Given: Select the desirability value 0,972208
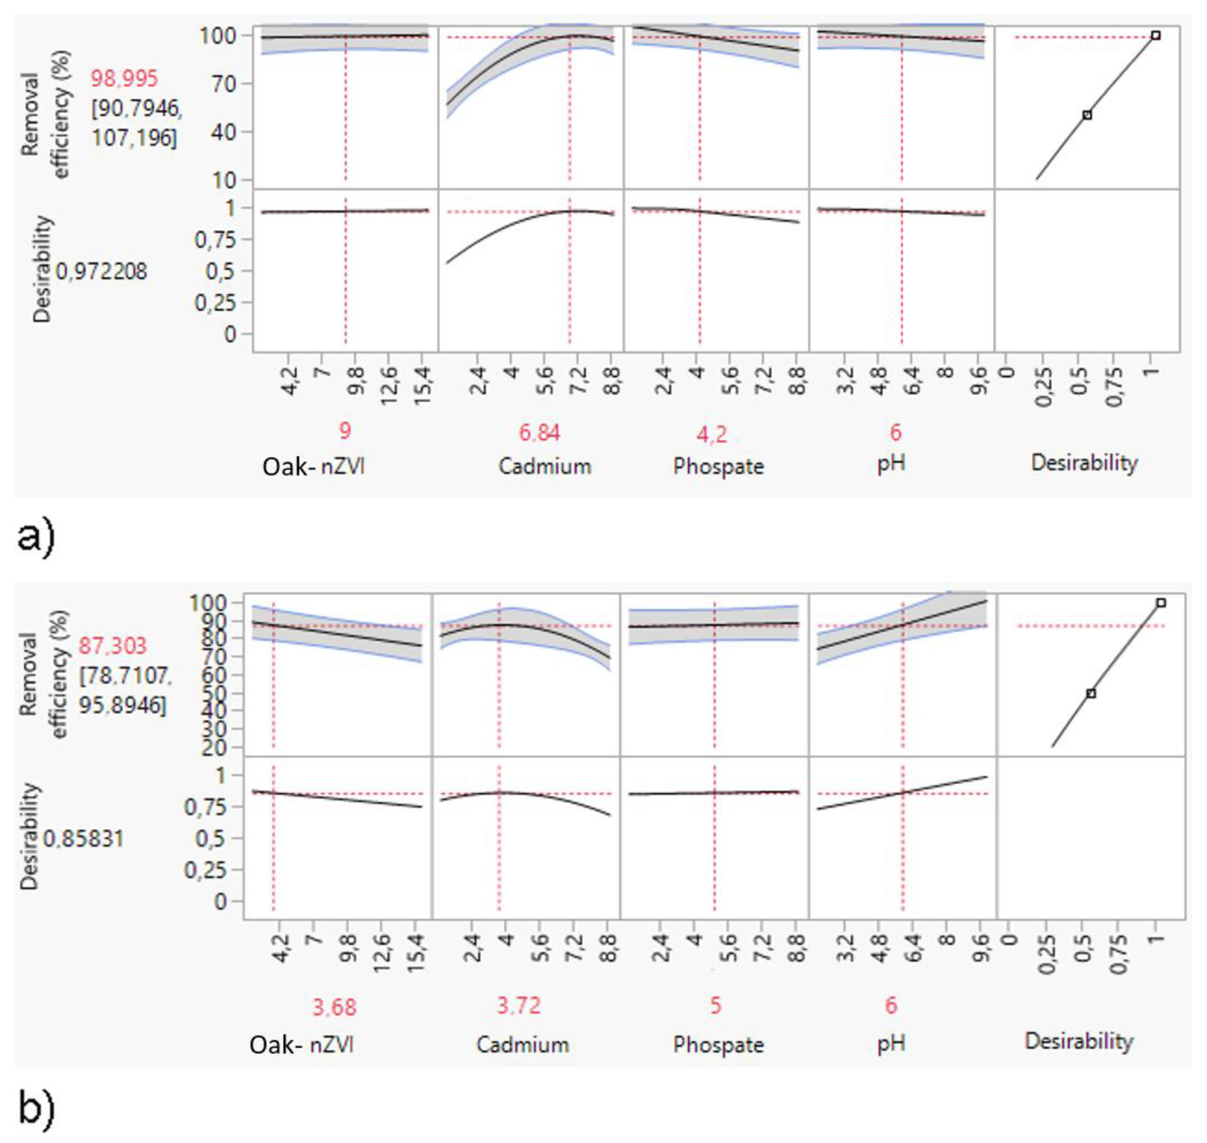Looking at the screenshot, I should click(102, 271).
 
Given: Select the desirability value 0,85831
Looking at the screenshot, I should click(83, 839).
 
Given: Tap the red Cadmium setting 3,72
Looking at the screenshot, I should click(518, 1005).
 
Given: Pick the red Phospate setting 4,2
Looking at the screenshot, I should click(711, 435).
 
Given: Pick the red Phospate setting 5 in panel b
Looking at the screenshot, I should click(715, 1006).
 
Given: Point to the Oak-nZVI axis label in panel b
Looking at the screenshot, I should click(302, 1045).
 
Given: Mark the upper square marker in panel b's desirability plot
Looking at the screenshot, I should click(1161, 603).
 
